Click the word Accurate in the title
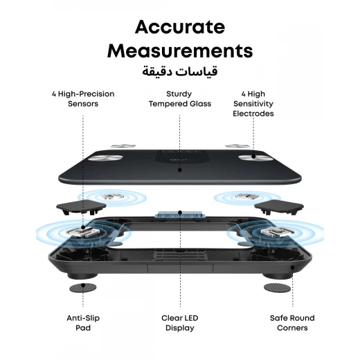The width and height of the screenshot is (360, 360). coord(180,27)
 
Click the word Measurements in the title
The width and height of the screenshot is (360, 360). coord(180,51)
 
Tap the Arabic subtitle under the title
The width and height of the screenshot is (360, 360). coord(180,71)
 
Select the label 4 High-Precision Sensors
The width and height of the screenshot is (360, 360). coord(83,99)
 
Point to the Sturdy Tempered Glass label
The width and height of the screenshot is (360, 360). coord(180,99)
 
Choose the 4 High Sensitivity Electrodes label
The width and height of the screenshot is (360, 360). coord(253,104)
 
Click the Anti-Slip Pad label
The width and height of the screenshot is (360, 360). coord(83,323)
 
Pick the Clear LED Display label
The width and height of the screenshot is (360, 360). coord(180,323)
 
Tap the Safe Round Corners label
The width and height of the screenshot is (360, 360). coord(292,323)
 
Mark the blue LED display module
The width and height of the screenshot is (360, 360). coord(180,214)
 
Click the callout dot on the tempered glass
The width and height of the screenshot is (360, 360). coord(180,170)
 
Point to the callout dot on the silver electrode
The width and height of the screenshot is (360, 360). coord(253,156)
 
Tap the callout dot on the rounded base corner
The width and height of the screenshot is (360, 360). coord(292,267)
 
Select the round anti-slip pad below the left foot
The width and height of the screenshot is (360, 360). coord(83,288)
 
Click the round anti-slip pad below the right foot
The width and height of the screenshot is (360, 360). coord(277,288)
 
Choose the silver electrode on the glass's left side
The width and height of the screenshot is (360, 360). coord(105,158)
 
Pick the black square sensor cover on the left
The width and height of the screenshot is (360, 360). coord(81,207)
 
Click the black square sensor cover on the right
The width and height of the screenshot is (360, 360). coord(279,207)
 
